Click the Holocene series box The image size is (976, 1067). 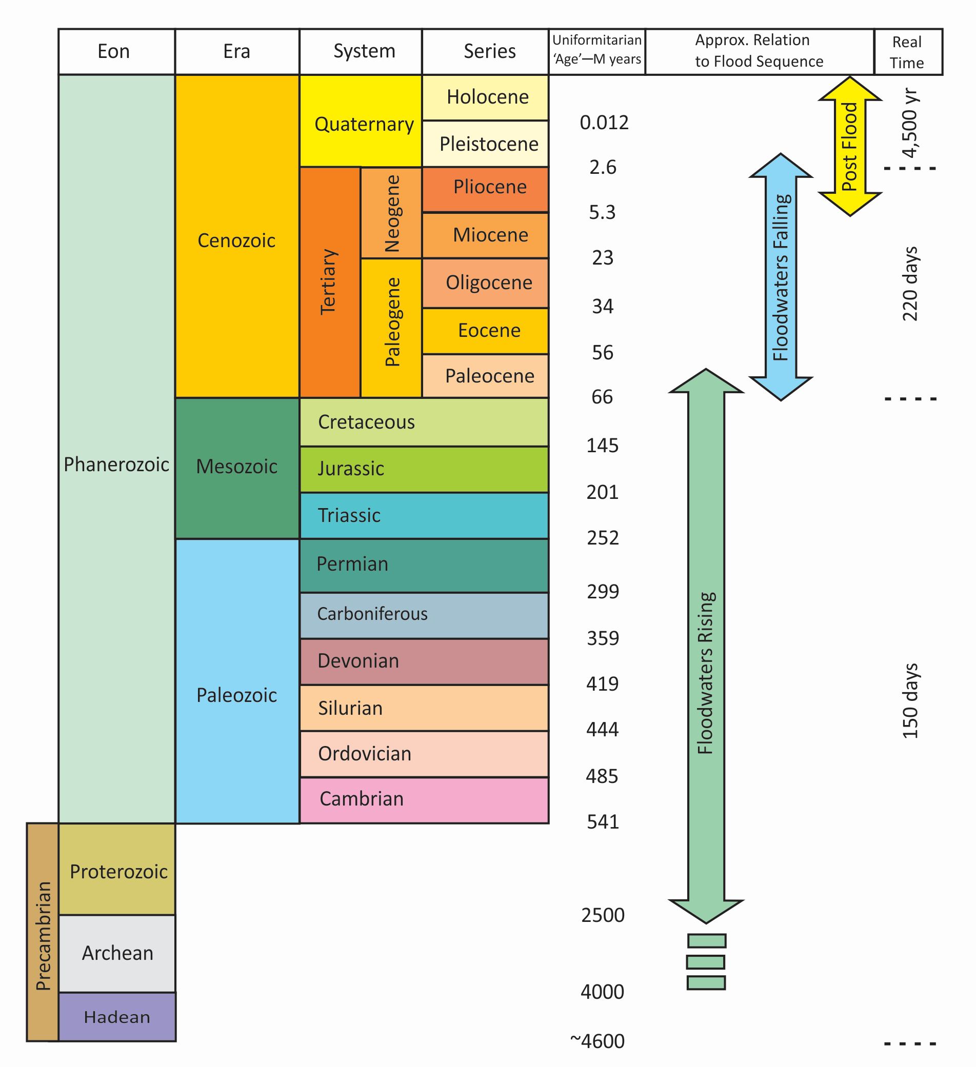click(485, 97)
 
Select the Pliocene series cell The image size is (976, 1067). click(485, 190)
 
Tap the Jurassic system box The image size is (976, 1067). click(424, 470)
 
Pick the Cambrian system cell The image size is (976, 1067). click(424, 800)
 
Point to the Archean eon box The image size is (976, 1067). click(117, 954)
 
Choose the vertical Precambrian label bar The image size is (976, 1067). click(43, 932)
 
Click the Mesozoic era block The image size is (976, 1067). click(237, 469)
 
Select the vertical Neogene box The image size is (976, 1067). click(391, 213)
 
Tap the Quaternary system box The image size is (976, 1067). click(361, 120)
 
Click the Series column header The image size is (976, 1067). click(485, 51)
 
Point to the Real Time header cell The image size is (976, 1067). click(908, 51)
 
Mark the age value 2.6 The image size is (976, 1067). click(603, 167)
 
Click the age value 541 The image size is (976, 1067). click(603, 822)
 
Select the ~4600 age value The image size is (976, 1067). click(597, 1041)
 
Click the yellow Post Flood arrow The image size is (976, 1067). click(850, 146)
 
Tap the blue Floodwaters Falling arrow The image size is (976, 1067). click(781, 277)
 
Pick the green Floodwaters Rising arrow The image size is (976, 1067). click(706, 646)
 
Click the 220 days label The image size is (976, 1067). click(910, 284)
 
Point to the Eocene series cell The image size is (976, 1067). click(485, 331)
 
